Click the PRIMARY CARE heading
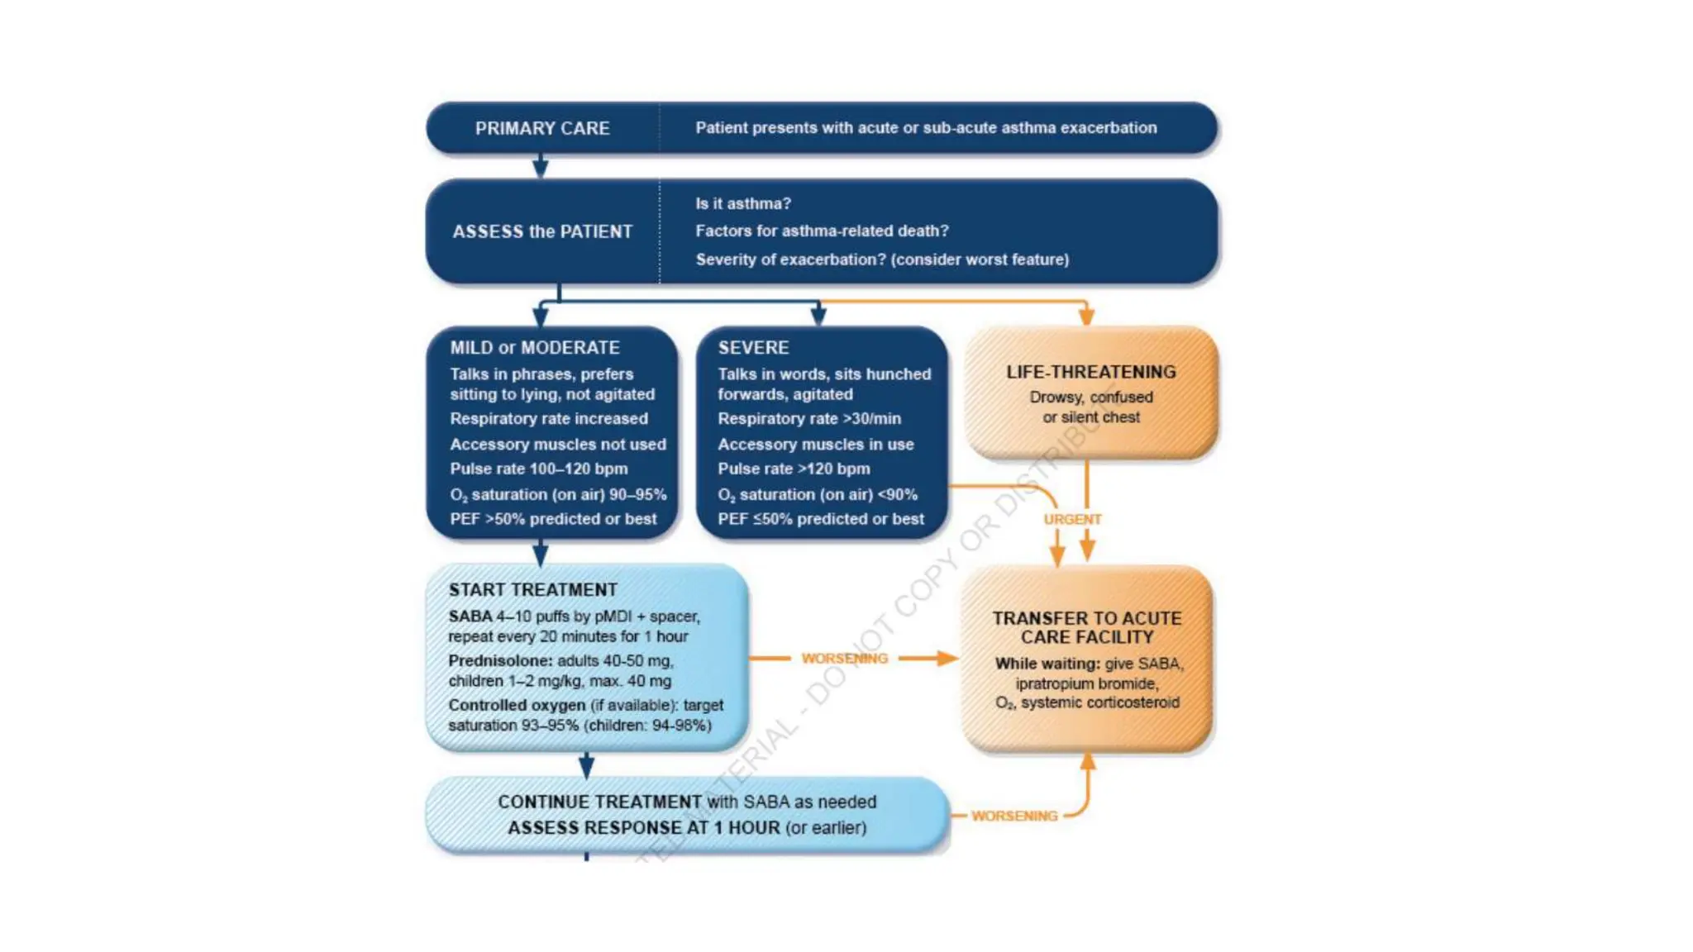click(542, 128)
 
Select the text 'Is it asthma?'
click(742, 203)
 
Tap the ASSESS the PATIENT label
click(542, 231)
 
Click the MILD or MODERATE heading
click(534, 348)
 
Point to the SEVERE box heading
click(753, 348)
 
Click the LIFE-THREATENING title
click(1090, 372)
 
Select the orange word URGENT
click(1072, 519)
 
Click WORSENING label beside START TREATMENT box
click(844, 659)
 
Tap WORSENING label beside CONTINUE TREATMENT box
click(1014, 816)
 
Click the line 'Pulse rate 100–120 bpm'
click(538, 469)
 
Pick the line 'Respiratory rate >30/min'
click(808, 419)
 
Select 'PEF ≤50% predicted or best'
click(820, 519)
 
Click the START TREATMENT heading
click(532, 589)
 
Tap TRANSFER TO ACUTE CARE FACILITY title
click(1086, 627)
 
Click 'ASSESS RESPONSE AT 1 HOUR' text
click(643, 827)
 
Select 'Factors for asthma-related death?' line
click(822, 231)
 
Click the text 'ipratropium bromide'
click(1086, 683)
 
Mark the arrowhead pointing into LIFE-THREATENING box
click(1086, 317)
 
